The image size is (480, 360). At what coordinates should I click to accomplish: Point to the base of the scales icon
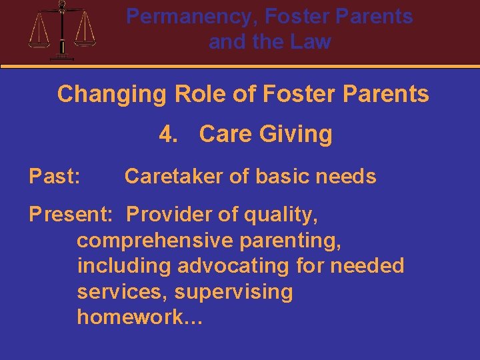pyautogui.click(x=62, y=57)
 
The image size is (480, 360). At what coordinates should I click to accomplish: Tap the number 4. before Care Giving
pyautogui.click(x=170, y=135)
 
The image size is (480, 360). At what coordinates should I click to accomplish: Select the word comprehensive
pyautogui.click(x=154, y=241)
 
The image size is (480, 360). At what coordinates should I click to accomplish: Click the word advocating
pyautogui.click(x=233, y=266)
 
